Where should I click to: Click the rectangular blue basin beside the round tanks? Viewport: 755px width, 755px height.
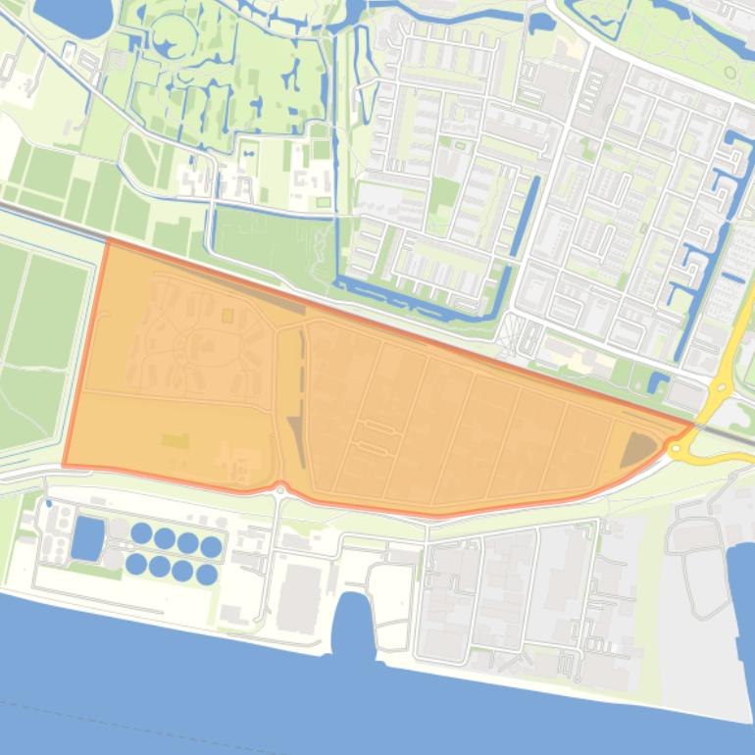coord(87,537)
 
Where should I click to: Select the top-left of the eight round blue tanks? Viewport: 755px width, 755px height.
coord(141,533)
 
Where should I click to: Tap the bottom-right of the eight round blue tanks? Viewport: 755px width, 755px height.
coord(206,575)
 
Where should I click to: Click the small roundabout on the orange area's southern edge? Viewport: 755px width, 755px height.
coord(279,489)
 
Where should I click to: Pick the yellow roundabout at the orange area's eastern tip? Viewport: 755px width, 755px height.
coord(677,448)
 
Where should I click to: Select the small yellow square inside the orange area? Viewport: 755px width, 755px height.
coord(227,316)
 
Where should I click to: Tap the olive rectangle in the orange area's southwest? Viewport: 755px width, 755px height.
coord(174,441)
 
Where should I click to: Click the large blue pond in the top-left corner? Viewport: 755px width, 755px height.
coord(74,15)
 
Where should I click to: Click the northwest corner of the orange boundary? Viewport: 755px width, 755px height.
coord(106,240)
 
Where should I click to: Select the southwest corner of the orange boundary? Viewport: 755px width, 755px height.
coord(65,465)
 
